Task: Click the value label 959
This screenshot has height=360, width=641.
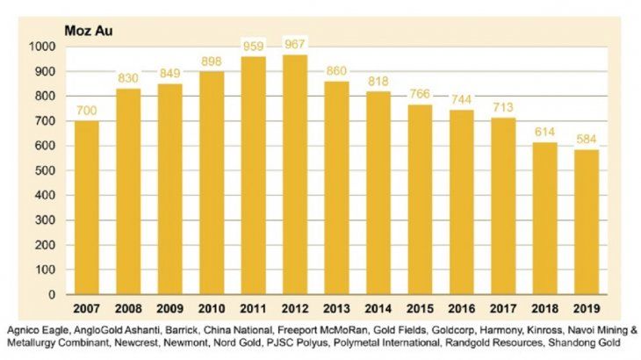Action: click(254, 47)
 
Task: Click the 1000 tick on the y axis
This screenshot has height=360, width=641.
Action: click(41, 46)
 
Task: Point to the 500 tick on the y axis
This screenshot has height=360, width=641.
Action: click(45, 170)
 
